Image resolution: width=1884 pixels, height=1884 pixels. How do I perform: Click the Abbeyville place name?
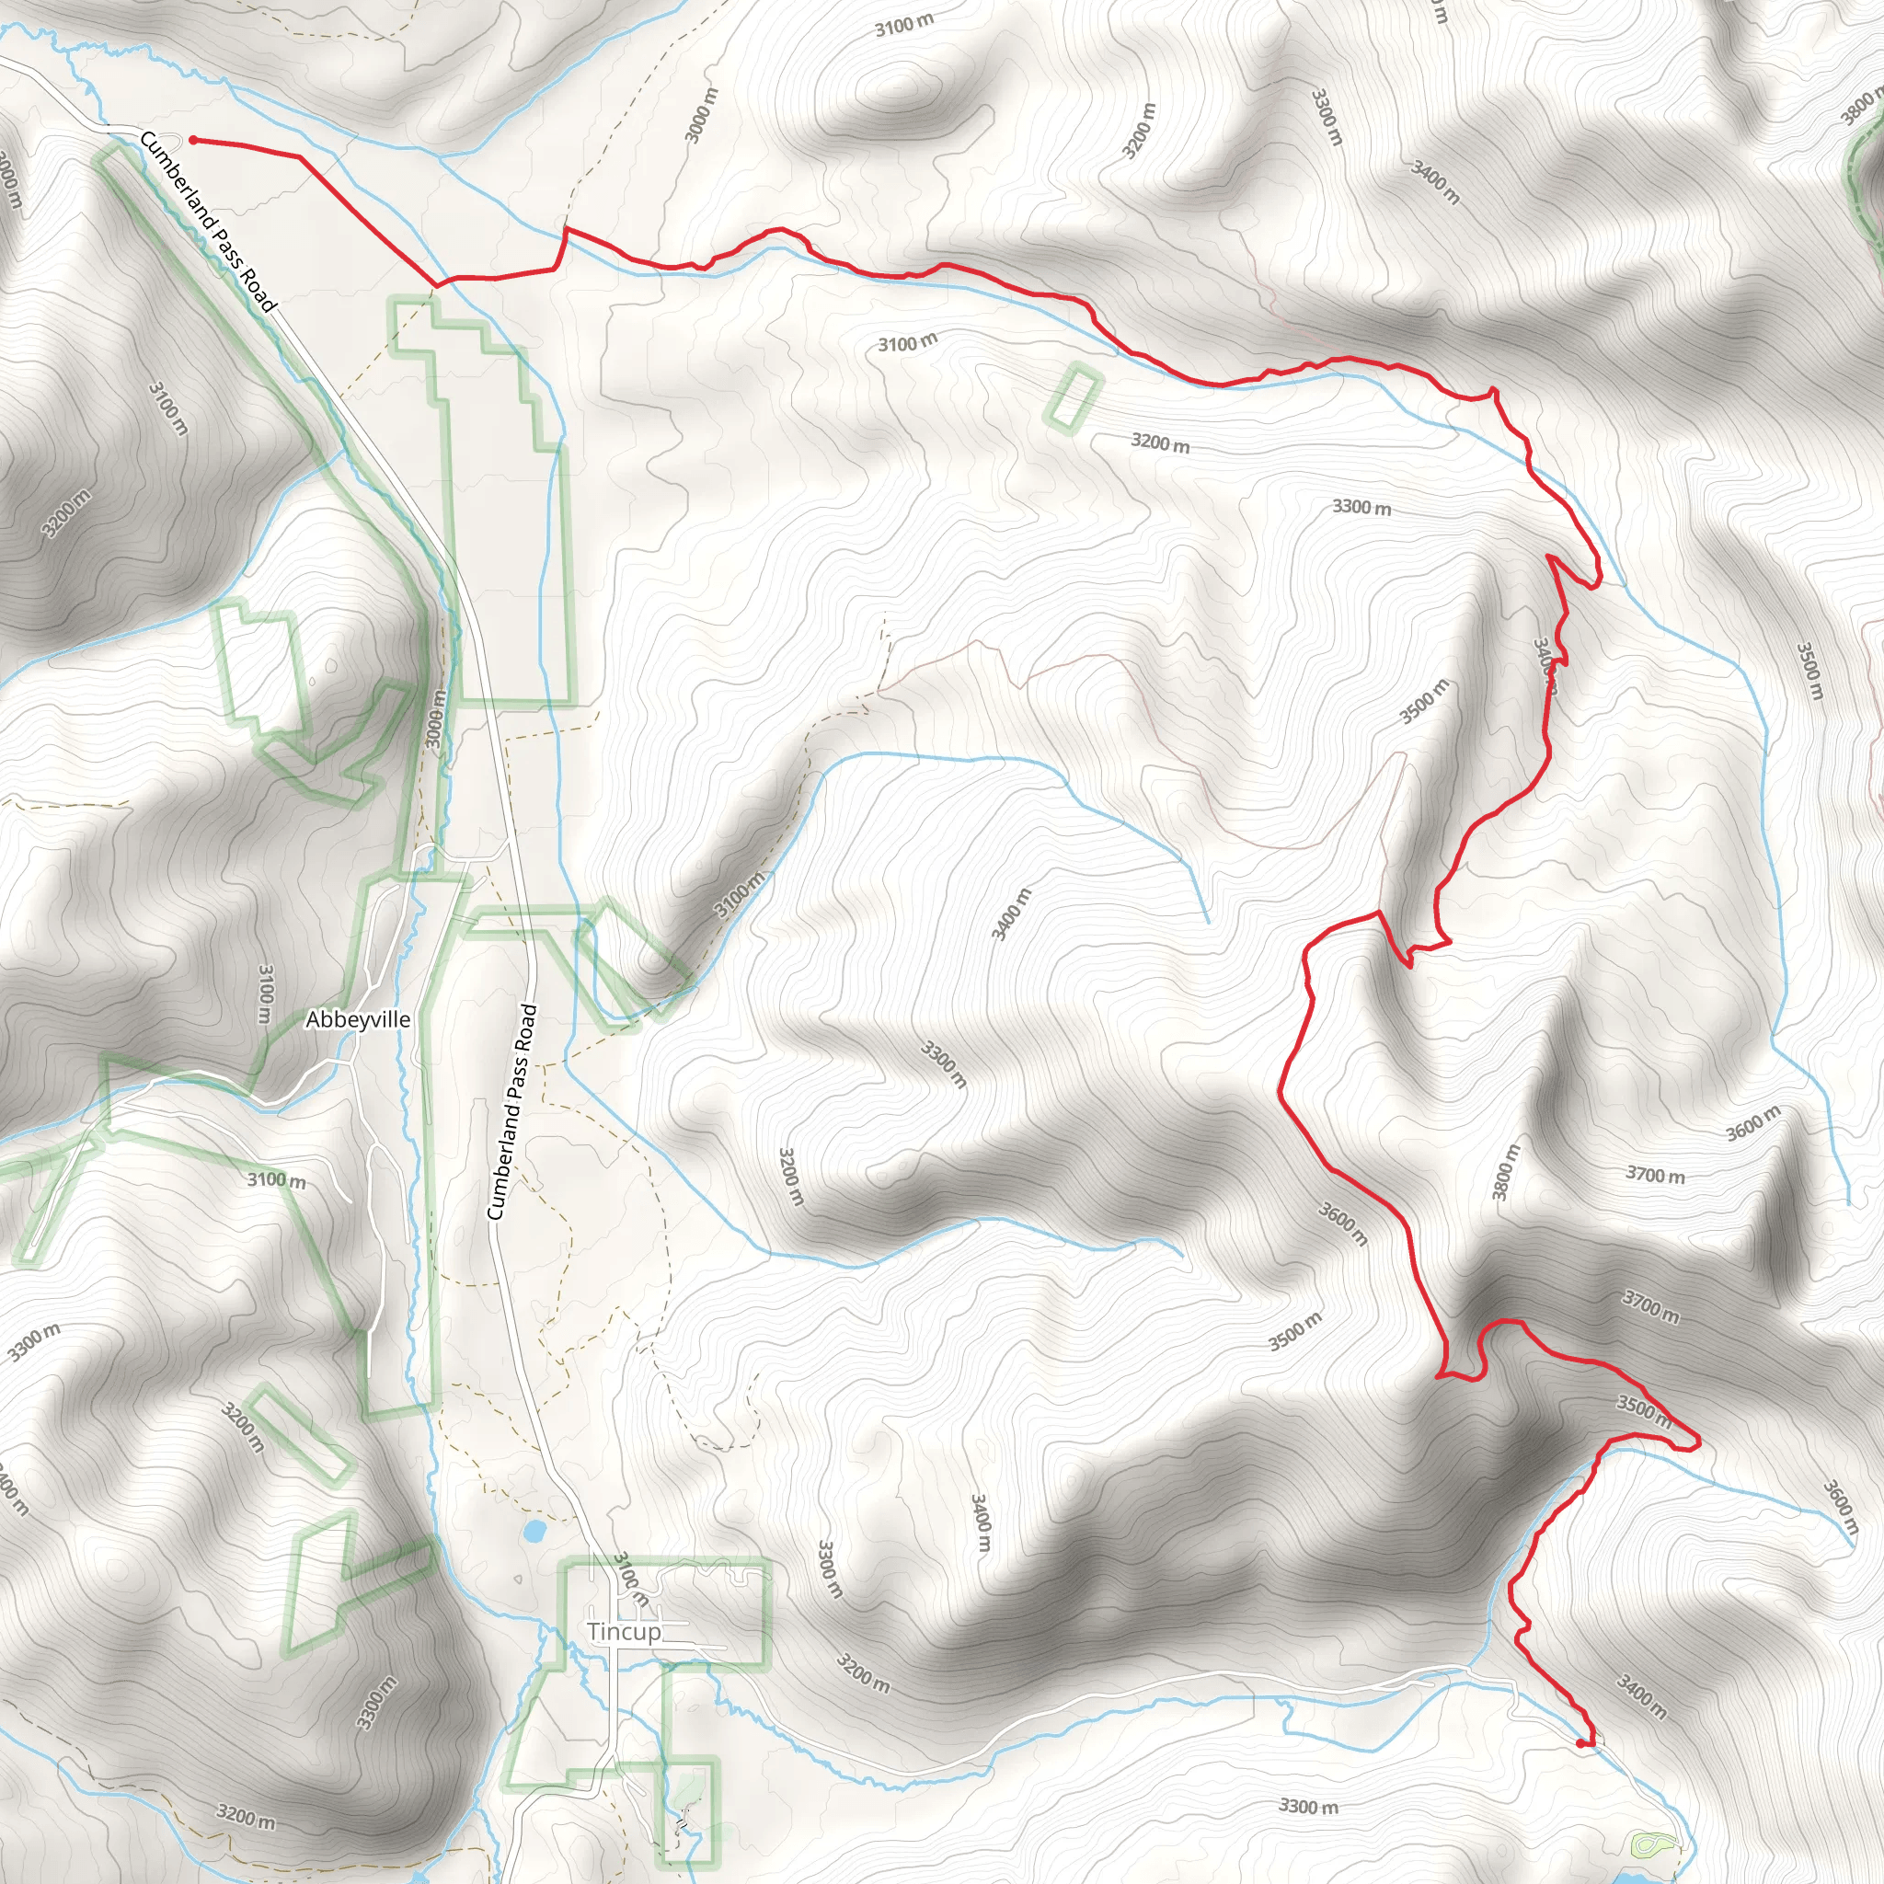pyautogui.click(x=357, y=1019)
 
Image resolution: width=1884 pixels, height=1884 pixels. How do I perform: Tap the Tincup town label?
pyautogui.click(x=623, y=1631)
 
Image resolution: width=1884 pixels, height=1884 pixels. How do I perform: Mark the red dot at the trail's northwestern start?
pyautogui.click(x=193, y=141)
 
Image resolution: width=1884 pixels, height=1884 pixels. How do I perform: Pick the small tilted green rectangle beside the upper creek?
pyautogui.click(x=1073, y=396)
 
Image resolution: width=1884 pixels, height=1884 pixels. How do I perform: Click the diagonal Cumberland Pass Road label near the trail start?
pyautogui.click(x=208, y=223)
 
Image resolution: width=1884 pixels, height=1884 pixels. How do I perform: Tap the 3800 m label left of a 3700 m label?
pyautogui.click(x=1506, y=1171)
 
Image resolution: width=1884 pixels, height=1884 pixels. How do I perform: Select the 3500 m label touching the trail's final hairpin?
pyautogui.click(x=1644, y=1410)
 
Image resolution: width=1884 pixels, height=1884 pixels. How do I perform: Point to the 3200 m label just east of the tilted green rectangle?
pyautogui.click(x=1159, y=442)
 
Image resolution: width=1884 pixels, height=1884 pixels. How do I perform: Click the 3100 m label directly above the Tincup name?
pyautogui.click(x=631, y=1580)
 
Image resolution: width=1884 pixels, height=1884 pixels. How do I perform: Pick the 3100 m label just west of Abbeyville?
pyautogui.click(x=264, y=994)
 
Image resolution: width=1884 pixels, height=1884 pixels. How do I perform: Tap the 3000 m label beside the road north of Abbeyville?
pyautogui.click(x=436, y=718)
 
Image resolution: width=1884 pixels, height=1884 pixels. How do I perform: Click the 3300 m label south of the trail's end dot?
pyautogui.click(x=1308, y=1806)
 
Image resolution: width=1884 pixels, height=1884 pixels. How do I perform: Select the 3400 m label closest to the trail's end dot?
pyautogui.click(x=1641, y=1696)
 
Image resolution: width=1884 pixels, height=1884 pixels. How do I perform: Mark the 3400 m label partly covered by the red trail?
pyautogui.click(x=1545, y=665)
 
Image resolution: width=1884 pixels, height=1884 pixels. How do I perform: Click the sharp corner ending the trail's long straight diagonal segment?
pyautogui.click(x=435, y=286)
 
